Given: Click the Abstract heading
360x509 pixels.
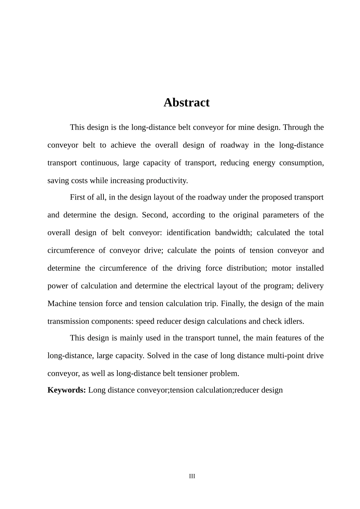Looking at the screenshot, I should tap(186, 102).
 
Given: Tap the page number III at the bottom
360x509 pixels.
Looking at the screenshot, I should tap(192, 476).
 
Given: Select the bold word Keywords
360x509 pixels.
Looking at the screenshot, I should tap(67, 390).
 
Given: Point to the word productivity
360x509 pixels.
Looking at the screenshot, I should tap(167, 181).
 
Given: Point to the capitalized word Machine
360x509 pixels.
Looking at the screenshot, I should tap(62, 303).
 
